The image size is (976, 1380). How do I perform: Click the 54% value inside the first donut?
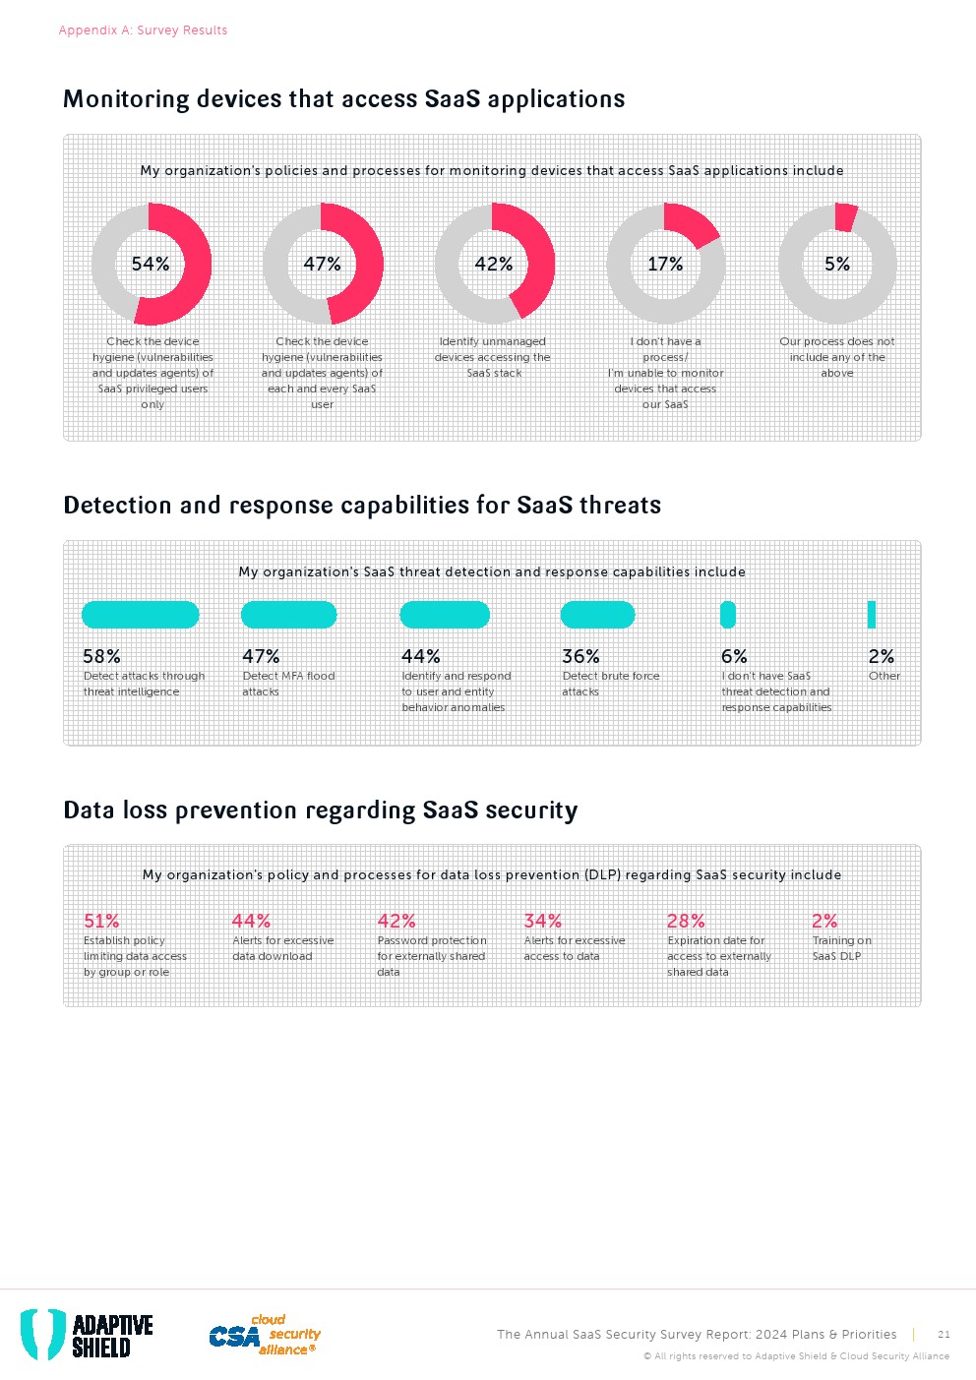[151, 264]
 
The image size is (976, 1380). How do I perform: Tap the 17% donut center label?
[665, 264]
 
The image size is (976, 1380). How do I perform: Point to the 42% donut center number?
[494, 264]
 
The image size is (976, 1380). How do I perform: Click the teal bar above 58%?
[141, 615]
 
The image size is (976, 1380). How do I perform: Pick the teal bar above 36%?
[597, 615]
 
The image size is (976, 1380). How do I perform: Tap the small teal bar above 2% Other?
[872, 615]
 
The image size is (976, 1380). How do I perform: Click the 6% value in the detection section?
[734, 656]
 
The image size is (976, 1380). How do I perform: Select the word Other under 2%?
[884, 676]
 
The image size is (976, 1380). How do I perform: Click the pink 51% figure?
[101, 921]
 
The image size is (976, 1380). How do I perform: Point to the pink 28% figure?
[686, 921]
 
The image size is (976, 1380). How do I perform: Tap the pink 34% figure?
[543, 921]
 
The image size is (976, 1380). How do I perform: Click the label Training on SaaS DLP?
[841, 948]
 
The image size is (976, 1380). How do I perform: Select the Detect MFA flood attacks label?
[288, 684]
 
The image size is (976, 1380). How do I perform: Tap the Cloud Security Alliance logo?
[265, 1335]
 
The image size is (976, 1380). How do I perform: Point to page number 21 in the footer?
[944, 1335]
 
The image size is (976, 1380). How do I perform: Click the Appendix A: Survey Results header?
[143, 30]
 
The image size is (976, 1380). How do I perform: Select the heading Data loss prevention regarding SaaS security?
[321, 810]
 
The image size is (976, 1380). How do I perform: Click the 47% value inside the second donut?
[322, 264]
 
